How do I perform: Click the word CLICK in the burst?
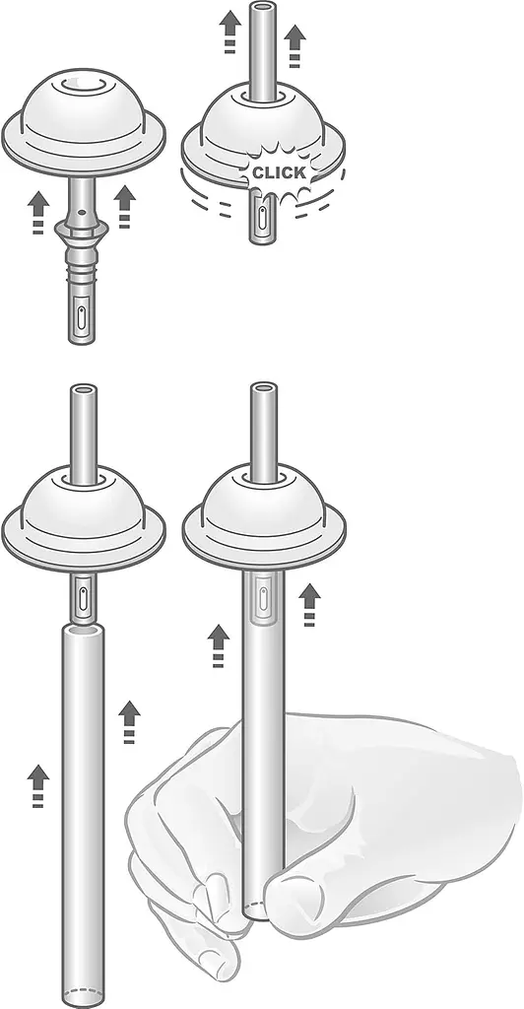(279, 172)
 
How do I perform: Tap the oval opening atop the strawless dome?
(85, 85)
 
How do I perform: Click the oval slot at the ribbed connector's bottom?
(82, 316)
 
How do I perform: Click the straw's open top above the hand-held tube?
(264, 389)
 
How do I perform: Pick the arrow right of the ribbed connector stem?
(124, 207)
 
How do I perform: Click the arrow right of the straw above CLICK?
(295, 45)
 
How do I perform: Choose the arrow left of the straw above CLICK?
(230, 32)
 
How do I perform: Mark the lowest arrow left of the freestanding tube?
(38, 785)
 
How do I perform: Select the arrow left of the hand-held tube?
(219, 645)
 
